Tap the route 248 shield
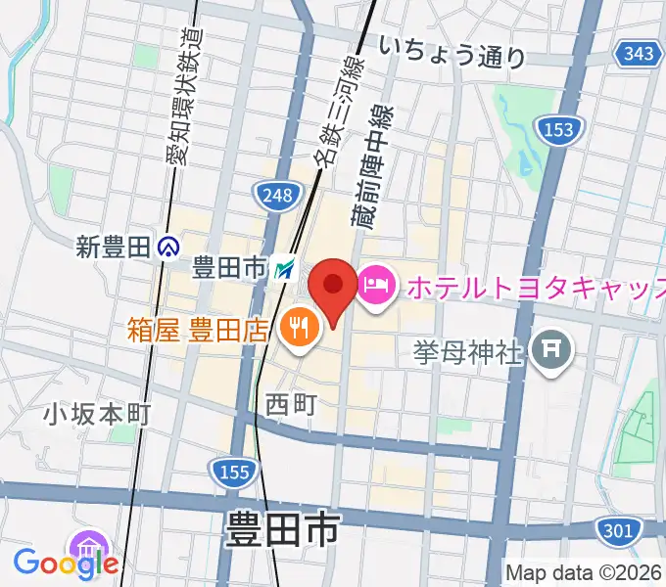pos(277,196)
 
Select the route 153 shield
pos(559,129)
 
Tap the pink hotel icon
pos(377,287)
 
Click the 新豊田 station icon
pos(169,248)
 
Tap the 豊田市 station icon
pos(284,267)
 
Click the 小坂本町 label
pos(96,415)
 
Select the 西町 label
pos(291,401)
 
